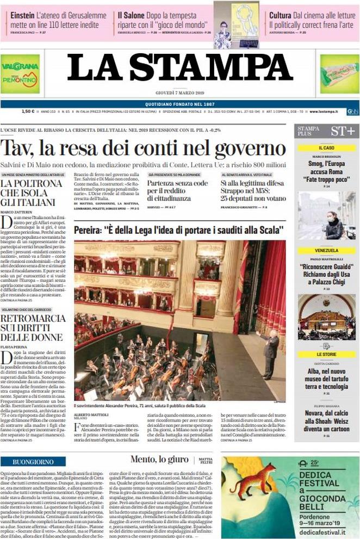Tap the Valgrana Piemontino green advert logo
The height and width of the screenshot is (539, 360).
tap(20, 73)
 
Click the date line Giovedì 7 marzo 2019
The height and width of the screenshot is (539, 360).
tap(179, 92)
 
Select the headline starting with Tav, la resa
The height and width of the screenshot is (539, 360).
tap(143, 148)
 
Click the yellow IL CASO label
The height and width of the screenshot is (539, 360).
tap(326, 148)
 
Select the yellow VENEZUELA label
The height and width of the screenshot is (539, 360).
tap(326, 251)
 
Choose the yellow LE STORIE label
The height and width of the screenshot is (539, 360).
tap(326, 354)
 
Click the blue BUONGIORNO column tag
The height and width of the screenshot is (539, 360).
tap(29, 462)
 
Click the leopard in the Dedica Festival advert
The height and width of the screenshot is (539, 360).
tap(253, 481)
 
